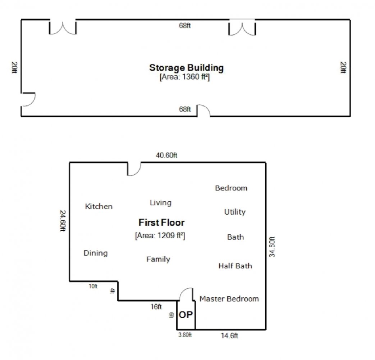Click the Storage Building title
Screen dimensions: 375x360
tap(186, 68)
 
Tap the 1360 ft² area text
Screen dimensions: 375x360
tap(185, 77)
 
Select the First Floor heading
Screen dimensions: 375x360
tap(161, 222)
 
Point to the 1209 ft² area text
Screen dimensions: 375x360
tap(160, 235)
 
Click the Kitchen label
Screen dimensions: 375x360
tap(99, 207)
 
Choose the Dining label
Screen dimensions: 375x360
tap(96, 253)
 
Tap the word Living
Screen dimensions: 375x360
tap(161, 203)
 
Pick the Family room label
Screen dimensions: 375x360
tap(158, 260)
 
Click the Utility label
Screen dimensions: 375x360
tap(235, 212)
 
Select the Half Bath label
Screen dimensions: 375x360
tap(235, 266)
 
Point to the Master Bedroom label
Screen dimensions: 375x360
tap(229, 299)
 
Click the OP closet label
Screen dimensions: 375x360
tap(186, 315)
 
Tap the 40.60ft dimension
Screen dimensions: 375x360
tap(166, 156)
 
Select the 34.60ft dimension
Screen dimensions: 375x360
tap(272, 247)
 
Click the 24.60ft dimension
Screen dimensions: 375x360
tap(63, 221)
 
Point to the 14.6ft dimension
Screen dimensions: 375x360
tap(229, 336)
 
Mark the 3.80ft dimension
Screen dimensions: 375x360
tap(185, 335)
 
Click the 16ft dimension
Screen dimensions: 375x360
tap(156, 307)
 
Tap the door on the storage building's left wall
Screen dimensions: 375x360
tap(28, 99)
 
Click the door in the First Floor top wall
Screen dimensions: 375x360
tap(134, 169)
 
